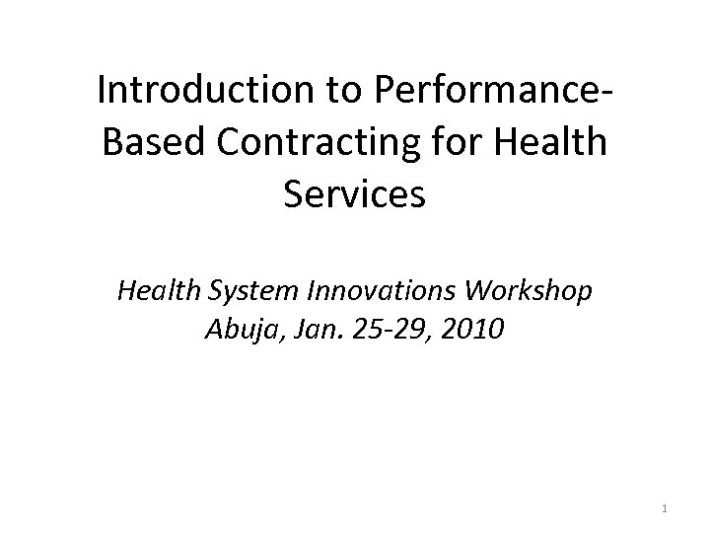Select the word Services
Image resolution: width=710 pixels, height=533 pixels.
[x=354, y=193]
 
